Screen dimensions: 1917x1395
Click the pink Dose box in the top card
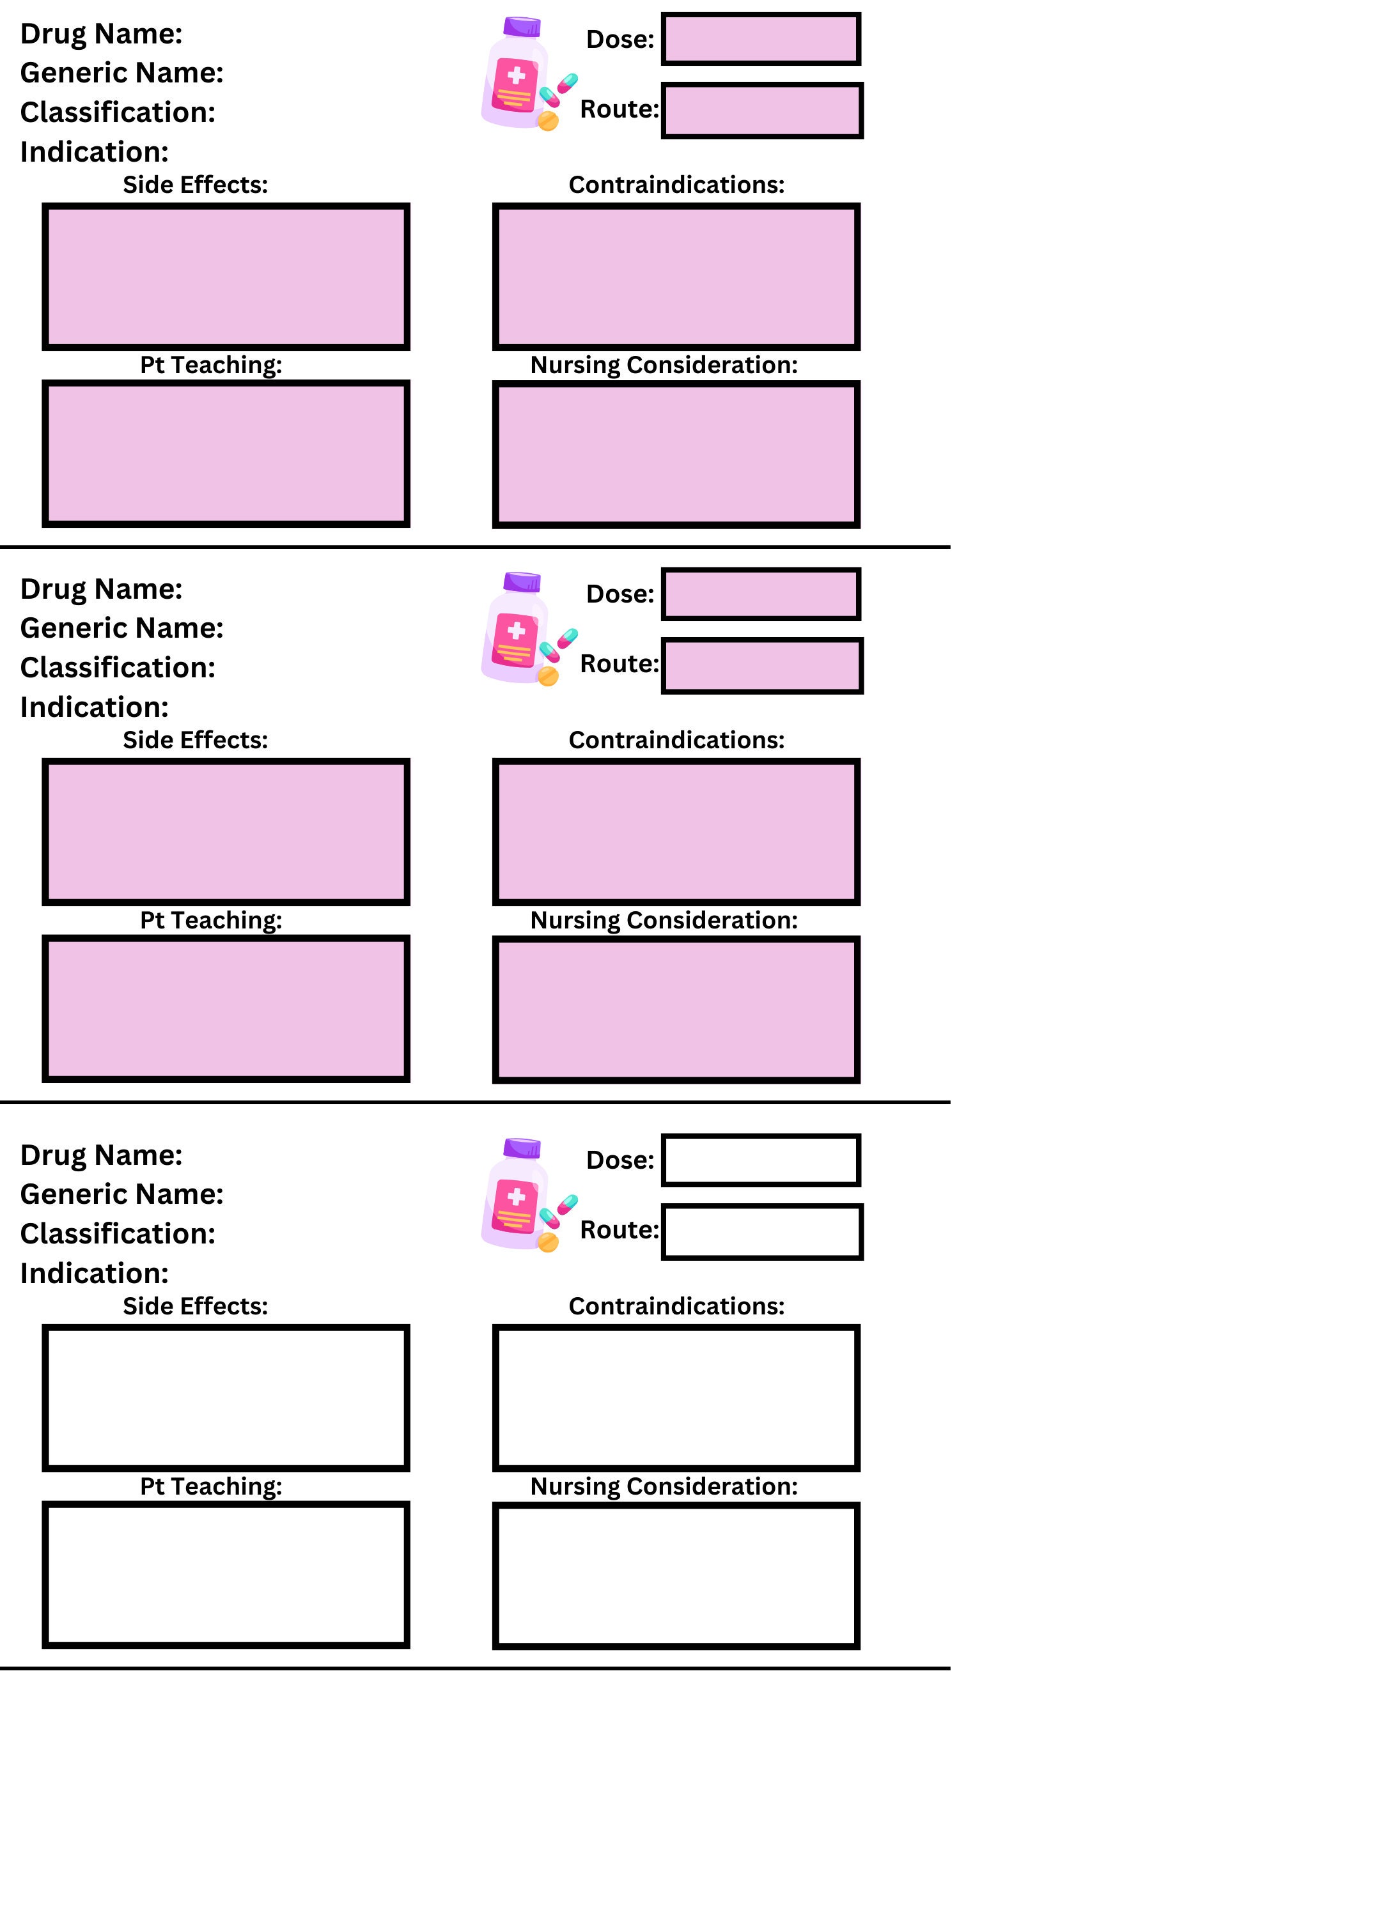click(x=761, y=39)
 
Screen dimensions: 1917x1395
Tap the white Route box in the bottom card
click(x=762, y=1231)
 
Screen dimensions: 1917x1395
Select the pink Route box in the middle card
click(x=762, y=665)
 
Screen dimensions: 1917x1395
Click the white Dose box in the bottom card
click(x=761, y=1160)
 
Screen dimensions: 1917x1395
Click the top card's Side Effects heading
click(x=195, y=184)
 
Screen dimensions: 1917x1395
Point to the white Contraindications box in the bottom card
click(x=676, y=1397)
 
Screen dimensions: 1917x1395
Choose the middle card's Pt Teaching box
click(x=226, y=1008)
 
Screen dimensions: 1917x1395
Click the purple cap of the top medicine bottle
click(x=522, y=27)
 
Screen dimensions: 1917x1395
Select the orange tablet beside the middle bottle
click(x=548, y=676)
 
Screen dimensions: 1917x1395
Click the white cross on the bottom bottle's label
click(x=517, y=1196)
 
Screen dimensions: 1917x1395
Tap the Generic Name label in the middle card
click(x=121, y=628)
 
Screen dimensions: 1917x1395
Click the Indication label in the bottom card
click(x=94, y=1273)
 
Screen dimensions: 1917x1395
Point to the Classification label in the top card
click(x=118, y=112)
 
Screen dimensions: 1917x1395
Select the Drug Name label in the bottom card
click(x=100, y=1155)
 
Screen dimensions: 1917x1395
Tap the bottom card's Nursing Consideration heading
click(x=664, y=1486)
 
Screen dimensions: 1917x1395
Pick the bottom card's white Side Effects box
click(x=226, y=1397)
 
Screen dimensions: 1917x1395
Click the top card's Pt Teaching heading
click(x=210, y=365)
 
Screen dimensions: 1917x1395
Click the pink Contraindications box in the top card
click(x=676, y=277)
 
